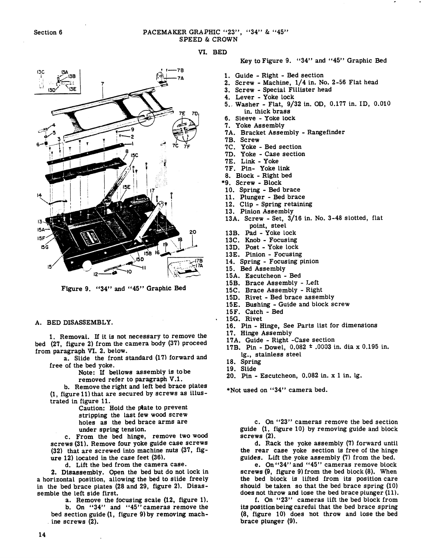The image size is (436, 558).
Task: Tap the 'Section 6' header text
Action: click(x=48, y=32)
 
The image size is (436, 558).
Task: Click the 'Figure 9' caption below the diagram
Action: click(x=124, y=288)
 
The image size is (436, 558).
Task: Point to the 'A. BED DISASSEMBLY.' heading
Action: click(x=74, y=323)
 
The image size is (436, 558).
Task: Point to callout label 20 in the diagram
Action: click(x=192, y=232)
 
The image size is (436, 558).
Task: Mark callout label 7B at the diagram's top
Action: click(x=179, y=69)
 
